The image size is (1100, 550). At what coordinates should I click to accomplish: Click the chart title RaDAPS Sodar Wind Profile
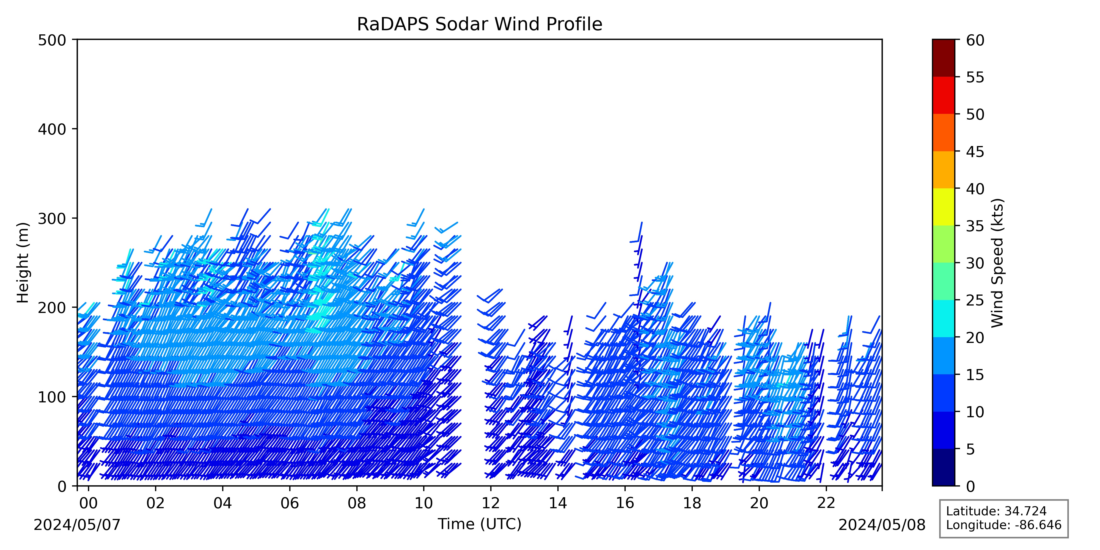click(480, 24)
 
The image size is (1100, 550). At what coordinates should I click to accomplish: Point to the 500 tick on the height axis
click(75, 40)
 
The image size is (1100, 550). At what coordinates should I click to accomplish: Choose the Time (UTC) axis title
click(480, 524)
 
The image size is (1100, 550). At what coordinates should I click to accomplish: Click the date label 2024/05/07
click(77, 525)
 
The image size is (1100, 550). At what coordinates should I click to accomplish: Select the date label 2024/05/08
click(882, 525)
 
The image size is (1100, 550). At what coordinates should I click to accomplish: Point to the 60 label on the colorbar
click(975, 41)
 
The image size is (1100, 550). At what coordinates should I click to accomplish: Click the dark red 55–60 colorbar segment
click(943, 58)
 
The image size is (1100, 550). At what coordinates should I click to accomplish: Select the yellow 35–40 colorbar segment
click(943, 207)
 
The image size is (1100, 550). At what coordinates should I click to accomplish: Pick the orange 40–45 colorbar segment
click(943, 169)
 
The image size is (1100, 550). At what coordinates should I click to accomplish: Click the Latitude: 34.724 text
click(996, 511)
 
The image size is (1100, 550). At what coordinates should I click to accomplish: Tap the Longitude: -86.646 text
click(1003, 525)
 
